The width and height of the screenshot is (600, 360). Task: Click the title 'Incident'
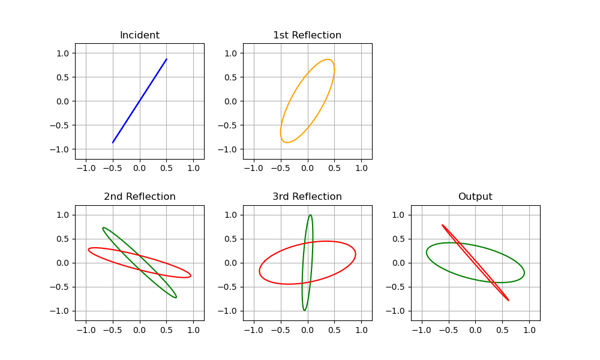tap(139, 35)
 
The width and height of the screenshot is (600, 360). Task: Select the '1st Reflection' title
tap(307, 35)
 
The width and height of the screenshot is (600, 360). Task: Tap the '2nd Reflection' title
tap(139, 197)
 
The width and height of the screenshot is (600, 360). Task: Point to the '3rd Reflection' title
tap(307, 197)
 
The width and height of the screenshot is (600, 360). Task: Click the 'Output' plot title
tap(475, 197)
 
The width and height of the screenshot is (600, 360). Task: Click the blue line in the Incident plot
tap(139, 101)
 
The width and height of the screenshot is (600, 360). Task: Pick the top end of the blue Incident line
tap(166, 59)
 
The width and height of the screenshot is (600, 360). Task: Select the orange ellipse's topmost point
tap(328, 59)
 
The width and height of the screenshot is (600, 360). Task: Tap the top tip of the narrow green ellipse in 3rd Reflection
tap(310, 215)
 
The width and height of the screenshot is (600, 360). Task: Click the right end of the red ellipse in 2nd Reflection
tap(191, 275)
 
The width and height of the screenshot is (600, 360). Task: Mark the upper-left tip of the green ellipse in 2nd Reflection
tap(103, 227)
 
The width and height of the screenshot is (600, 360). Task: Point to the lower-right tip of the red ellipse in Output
tap(508, 300)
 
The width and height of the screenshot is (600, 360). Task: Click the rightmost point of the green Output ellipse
tap(524, 274)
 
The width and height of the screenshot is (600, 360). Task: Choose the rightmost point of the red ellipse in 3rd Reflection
tap(355, 254)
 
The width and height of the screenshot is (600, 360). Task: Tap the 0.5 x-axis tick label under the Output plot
tap(502, 330)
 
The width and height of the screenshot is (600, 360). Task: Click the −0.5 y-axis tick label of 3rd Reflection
tap(230, 287)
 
